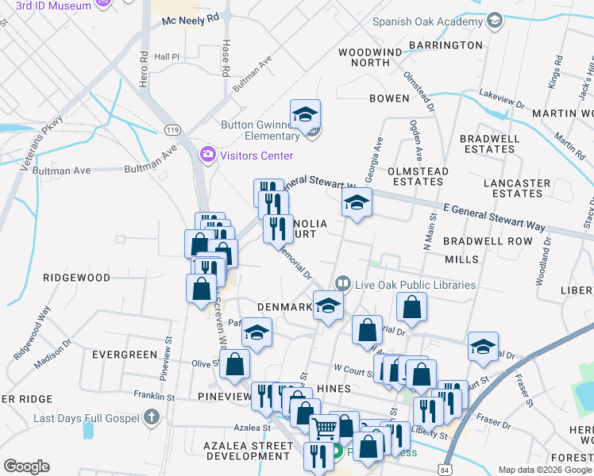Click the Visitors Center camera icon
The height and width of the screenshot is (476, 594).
[x=208, y=153]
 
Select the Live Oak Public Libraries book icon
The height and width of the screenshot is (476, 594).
[x=343, y=282]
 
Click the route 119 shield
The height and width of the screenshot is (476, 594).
[x=172, y=128]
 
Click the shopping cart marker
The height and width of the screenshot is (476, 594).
[x=324, y=429]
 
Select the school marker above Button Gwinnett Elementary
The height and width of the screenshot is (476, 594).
[x=305, y=116]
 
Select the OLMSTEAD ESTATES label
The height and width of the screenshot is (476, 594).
[x=418, y=176]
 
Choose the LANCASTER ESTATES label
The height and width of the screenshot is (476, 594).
[x=517, y=188]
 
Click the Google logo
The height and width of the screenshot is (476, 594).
[x=26, y=466]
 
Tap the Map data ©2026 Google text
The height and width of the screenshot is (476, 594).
[x=545, y=470]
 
